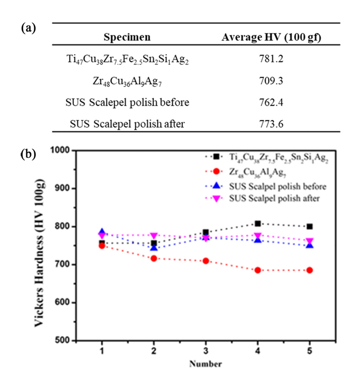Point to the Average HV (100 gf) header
[x=272, y=37]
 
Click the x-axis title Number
[x=205, y=364]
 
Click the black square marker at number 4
[x=258, y=224]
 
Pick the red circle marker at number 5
[x=310, y=270]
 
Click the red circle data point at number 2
[x=154, y=259]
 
